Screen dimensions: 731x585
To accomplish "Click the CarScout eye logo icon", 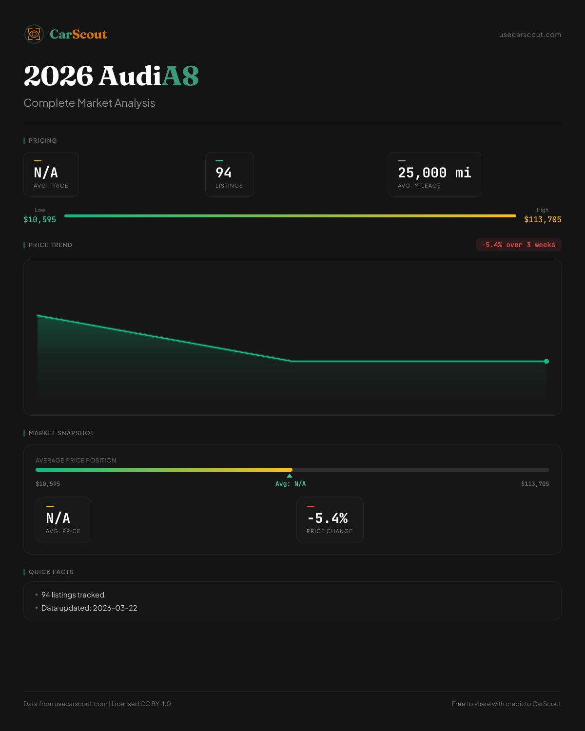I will coord(34,34).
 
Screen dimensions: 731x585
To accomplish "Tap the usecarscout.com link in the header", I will coord(530,35).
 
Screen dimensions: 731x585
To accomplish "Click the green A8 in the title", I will coord(180,77).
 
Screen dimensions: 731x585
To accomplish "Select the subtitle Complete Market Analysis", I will coord(89,103).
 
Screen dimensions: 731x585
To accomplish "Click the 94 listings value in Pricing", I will coord(224,173).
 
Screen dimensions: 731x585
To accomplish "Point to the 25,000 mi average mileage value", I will coord(434,173).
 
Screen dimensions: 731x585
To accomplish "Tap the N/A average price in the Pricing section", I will coord(46,173).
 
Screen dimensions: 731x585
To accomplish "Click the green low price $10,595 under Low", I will coord(40,220).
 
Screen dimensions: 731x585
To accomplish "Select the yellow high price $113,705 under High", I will coord(543,220).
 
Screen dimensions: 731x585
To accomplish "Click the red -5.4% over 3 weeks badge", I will coord(518,245).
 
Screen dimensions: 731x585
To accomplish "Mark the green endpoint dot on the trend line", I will coord(546,361).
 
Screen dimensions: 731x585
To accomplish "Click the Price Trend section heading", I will coord(50,245).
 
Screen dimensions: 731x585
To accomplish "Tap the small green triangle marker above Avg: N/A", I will coord(290,476).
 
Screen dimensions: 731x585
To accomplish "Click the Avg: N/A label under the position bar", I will coord(291,484).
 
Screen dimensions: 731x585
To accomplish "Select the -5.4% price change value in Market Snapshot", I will coord(328,519).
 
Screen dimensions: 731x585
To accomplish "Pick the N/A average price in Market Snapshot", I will coord(58,519).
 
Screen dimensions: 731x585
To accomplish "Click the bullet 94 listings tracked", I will coord(73,595).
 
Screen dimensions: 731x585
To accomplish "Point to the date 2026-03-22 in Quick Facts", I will coord(115,608).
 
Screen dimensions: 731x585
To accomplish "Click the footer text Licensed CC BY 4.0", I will coord(141,704).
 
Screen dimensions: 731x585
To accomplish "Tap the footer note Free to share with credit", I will coord(506,704).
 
